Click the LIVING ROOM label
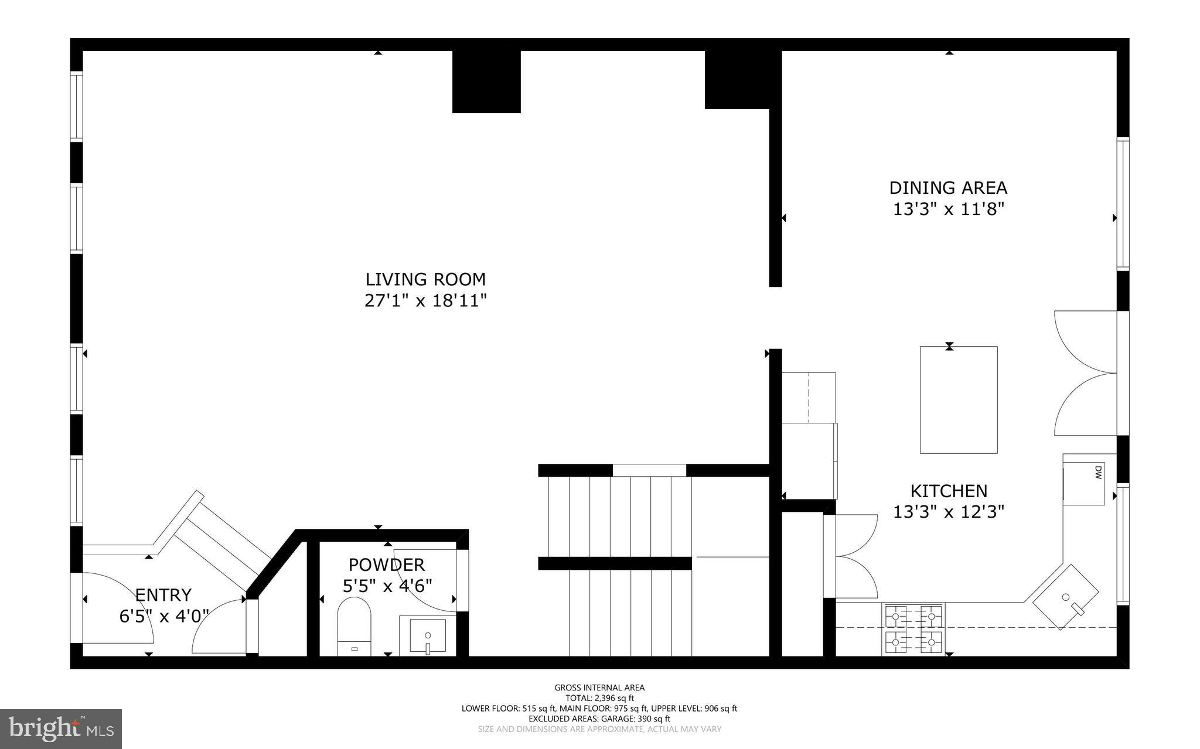pyautogui.click(x=425, y=279)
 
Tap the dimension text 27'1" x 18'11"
pyautogui.click(x=425, y=301)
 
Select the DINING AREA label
pyautogui.click(x=948, y=188)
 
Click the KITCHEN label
pyautogui.click(x=948, y=491)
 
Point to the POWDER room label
pyautogui.click(x=386, y=565)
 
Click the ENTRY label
pyautogui.click(x=163, y=595)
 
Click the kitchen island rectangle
pyautogui.click(x=959, y=400)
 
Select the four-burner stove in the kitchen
pyautogui.click(x=913, y=630)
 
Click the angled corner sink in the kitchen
pyautogui.click(x=1065, y=597)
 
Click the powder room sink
pyautogui.click(x=427, y=635)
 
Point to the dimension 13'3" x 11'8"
pyautogui.click(x=948, y=209)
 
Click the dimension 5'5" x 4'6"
pyautogui.click(x=387, y=586)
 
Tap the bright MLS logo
pyautogui.click(x=61, y=729)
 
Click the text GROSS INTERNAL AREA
pyautogui.click(x=599, y=688)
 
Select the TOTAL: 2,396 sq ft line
pyautogui.click(x=599, y=698)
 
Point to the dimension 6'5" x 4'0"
pyautogui.click(x=164, y=616)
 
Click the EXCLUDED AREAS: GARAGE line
pyautogui.click(x=599, y=719)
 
